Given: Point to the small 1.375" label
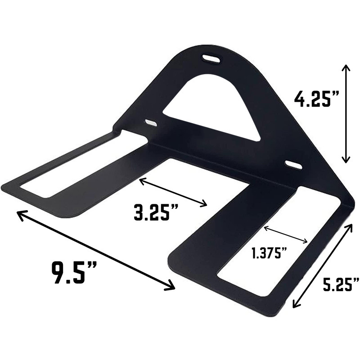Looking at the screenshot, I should (x=270, y=253).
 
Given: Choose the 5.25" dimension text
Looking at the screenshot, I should (x=341, y=284).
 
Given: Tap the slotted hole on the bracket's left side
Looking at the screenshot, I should (x=151, y=122).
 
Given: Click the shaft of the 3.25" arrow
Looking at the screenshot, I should (x=173, y=193).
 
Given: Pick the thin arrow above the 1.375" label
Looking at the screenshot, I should (x=286, y=234).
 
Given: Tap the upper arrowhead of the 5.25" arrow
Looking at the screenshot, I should (x=350, y=225).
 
